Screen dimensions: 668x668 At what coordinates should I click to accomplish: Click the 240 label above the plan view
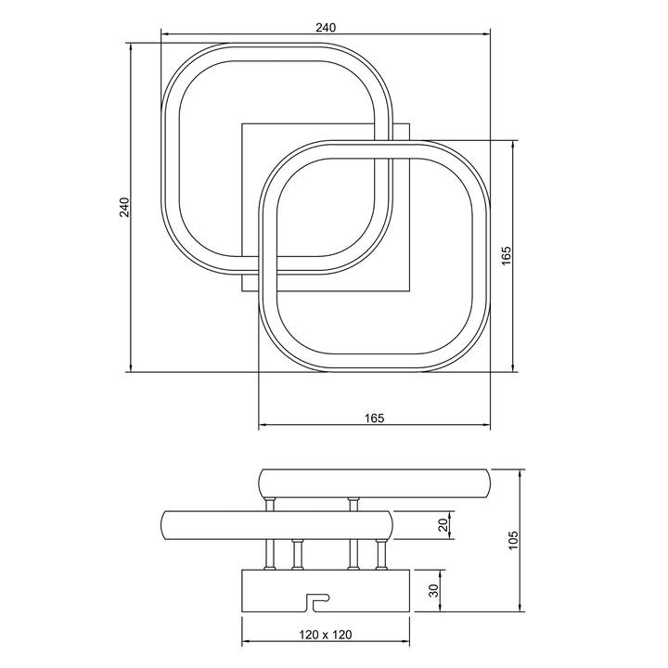point(326,28)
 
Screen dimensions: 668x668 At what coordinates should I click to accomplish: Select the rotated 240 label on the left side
point(124,207)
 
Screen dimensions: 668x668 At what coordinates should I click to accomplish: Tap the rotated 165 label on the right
point(506,256)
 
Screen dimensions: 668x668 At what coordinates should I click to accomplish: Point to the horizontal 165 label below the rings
point(375,418)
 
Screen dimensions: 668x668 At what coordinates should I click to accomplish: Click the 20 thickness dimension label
point(443,524)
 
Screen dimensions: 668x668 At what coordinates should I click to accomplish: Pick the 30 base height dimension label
point(433,590)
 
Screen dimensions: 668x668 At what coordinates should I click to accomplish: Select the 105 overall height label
point(513,540)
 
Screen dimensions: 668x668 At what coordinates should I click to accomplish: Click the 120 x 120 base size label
point(326,635)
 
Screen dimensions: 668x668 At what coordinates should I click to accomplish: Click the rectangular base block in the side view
point(326,590)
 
